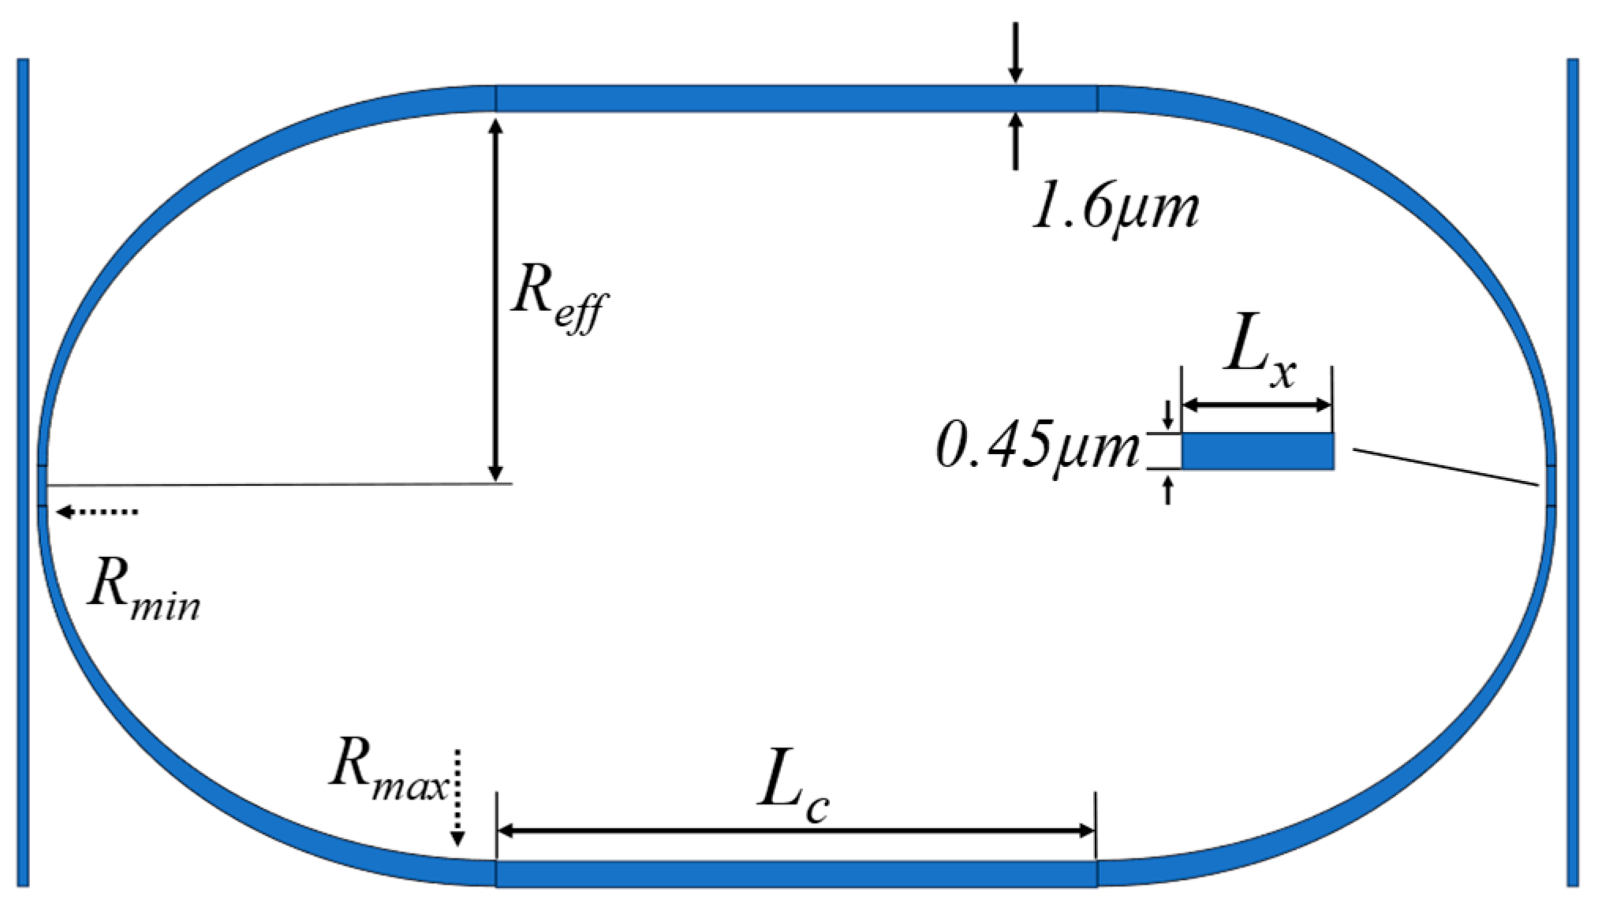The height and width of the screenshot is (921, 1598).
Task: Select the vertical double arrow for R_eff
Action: pos(495,300)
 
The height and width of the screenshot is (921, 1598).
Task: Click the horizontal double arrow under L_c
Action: pos(796,831)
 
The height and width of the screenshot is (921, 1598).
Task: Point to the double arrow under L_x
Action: pos(1257,405)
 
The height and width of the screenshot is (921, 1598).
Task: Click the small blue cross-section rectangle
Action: pos(1257,452)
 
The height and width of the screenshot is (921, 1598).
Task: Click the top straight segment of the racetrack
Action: pos(796,99)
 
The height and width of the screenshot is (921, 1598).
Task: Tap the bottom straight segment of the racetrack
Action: pos(796,874)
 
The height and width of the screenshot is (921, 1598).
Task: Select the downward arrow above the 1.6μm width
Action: pos(1016,51)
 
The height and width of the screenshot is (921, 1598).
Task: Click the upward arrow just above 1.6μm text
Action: pos(1016,142)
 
